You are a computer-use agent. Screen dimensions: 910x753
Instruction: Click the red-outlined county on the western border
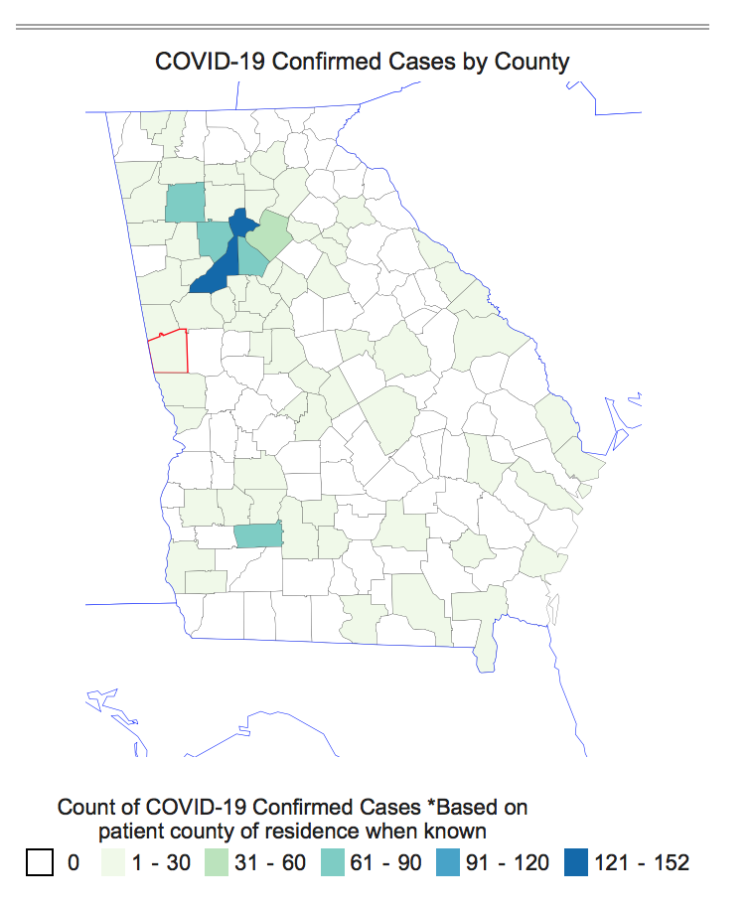pyautogui.click(x=169, y=352)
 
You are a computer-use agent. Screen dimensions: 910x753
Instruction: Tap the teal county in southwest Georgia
pyautogui.click(x=258, y=536)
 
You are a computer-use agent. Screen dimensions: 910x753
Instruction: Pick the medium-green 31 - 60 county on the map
pyautogui.click(x=267, y=234)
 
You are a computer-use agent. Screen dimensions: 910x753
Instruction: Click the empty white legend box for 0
pyautogui.click(x=39, y=862)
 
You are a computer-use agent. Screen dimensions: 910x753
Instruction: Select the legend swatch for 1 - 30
pyautogui.click(x=116, y=862)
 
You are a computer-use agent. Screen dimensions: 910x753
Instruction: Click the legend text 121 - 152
pyautogui.click(x=642, y=862)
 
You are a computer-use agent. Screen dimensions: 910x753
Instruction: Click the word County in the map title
pyautogui.click(x=535, y=62)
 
